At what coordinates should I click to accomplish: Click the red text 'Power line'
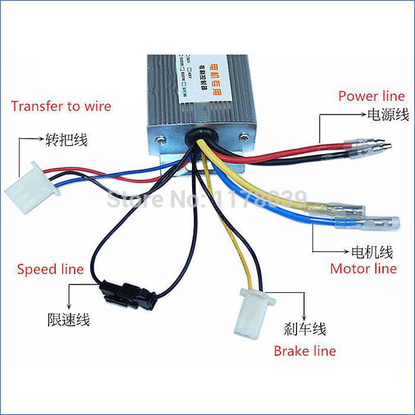pos(371,96)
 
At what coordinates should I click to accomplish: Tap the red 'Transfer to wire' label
pos(61,106)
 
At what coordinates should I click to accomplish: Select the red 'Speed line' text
pos(50,269)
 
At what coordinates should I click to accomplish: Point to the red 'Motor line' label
pos(363,268)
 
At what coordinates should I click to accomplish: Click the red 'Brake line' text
pos(305,351)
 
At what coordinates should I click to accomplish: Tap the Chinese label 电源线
pos(388,115)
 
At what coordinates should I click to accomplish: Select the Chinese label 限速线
pos(68,320)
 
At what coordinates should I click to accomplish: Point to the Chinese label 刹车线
pos(305,329)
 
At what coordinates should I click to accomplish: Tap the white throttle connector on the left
pos(32,188)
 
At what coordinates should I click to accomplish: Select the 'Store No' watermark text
pos(207,199)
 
